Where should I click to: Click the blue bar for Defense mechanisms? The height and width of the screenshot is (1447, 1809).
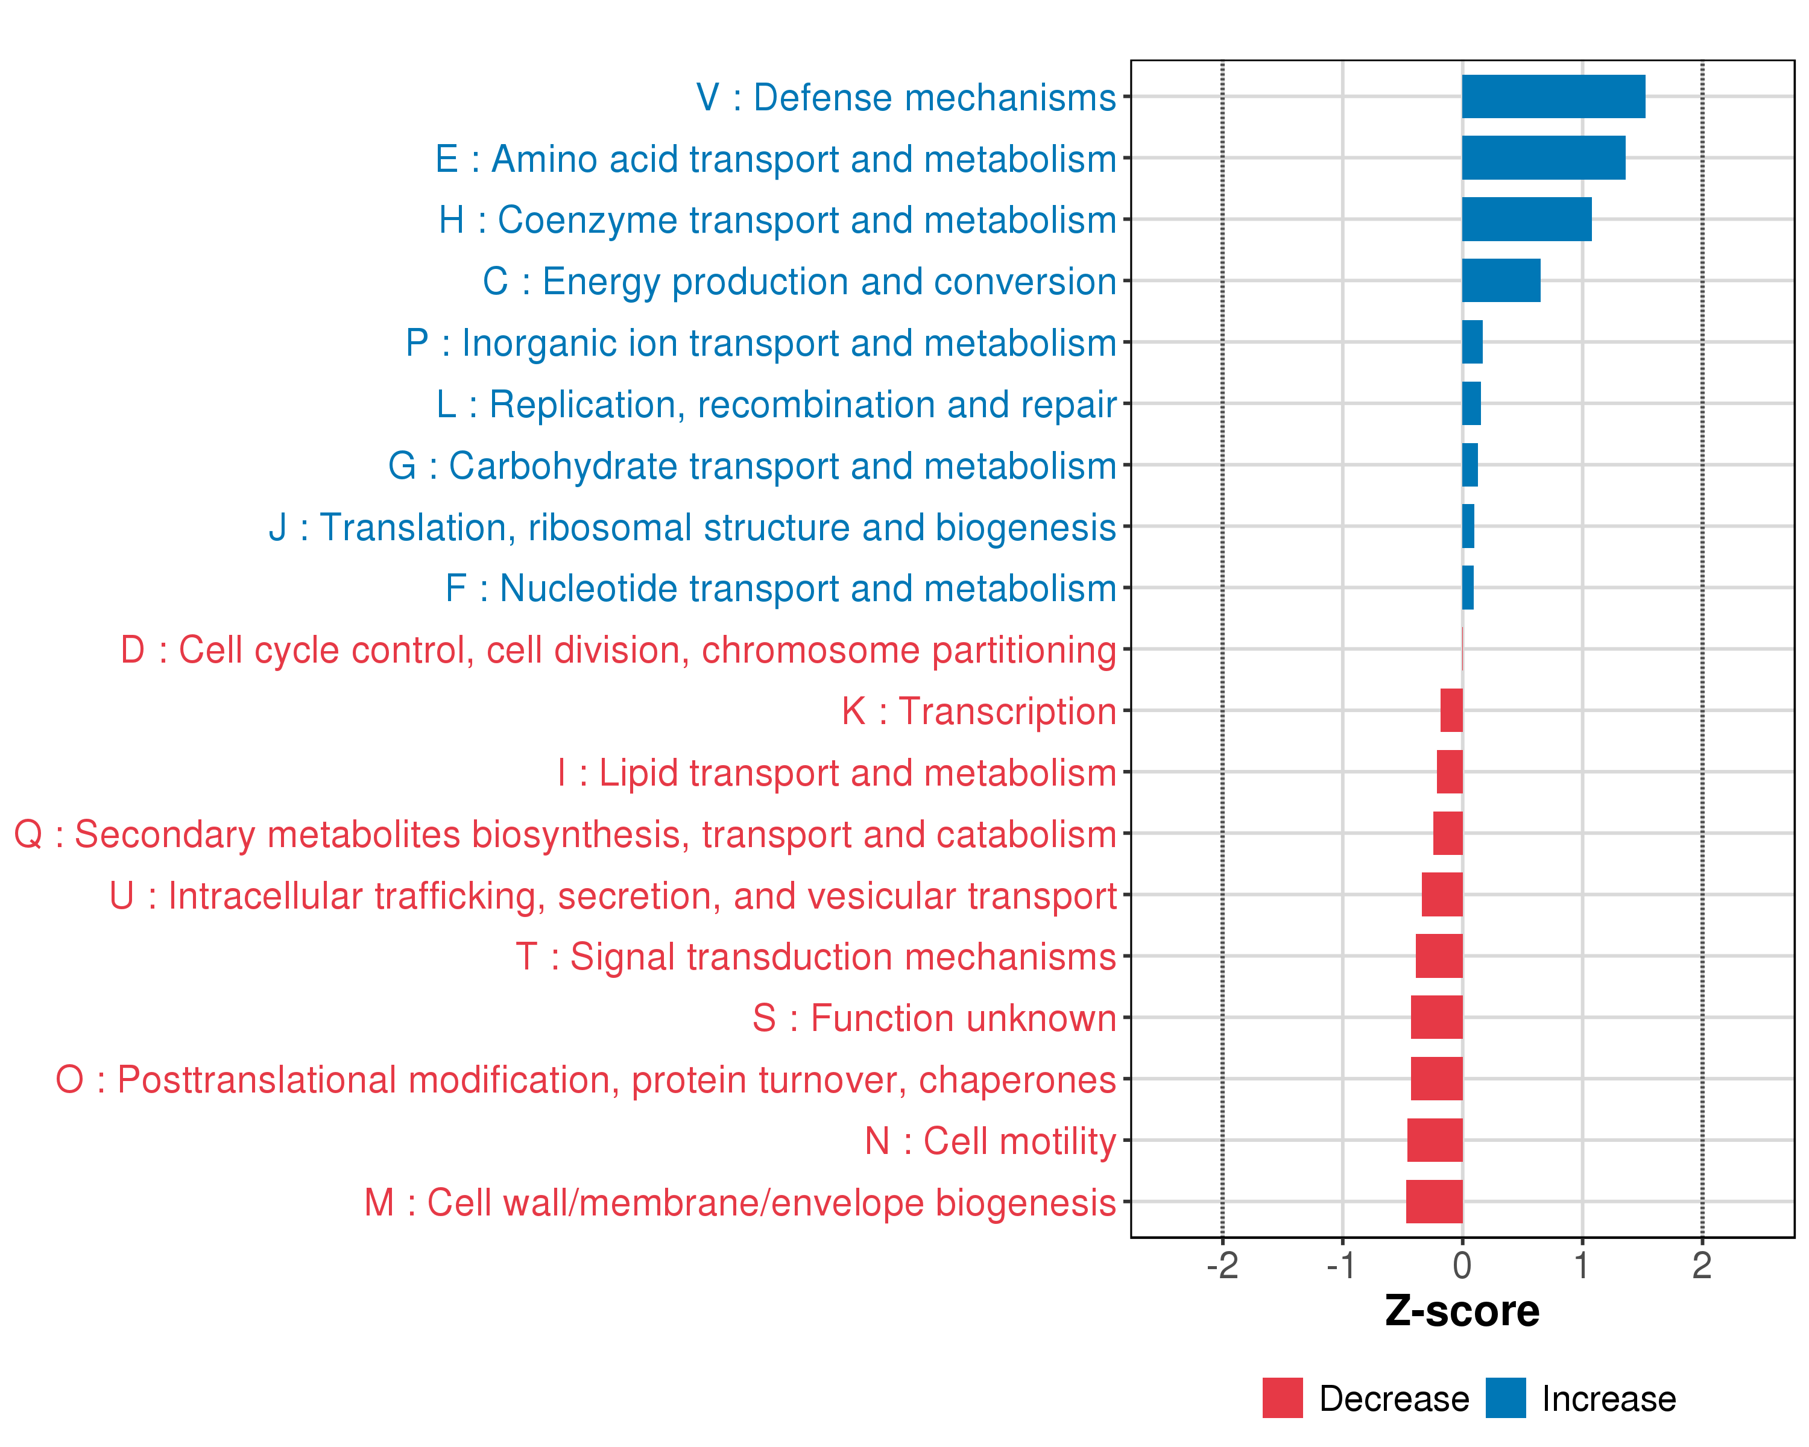[x=1553, y=96]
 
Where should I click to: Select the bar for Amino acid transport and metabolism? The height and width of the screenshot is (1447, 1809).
[x=1543, y=158]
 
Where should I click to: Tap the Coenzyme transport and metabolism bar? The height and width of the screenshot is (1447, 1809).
[x=1526, y=219]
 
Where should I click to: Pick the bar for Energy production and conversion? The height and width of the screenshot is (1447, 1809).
[x=1501, y=280]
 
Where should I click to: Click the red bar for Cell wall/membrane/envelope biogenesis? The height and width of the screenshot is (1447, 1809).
[x=1434, y=1201]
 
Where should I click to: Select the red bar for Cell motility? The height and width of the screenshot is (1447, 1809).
[x=1435, y=1140]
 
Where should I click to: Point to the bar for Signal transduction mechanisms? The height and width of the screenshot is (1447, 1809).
[x=1439, y=956]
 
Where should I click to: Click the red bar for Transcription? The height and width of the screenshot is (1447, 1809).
[x=1451, y=710]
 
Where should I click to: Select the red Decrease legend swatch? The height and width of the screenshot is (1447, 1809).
[x=1282, y=1398]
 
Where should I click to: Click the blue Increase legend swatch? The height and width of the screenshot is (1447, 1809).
[x=1505, y=1398]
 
